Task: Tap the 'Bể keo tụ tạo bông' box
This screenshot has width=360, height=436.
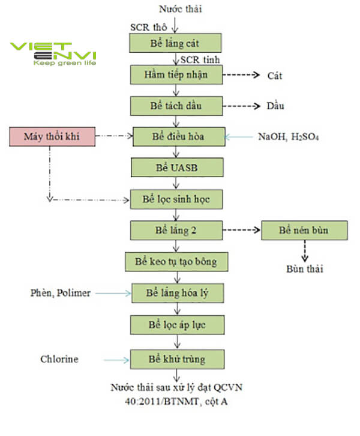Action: (x=176, y=262)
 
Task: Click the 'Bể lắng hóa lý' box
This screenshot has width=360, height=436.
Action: (x=176, y=293)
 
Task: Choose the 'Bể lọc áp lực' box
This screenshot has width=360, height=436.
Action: (x=176, y=325)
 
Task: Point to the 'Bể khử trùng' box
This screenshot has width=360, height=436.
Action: (x=176, y=359)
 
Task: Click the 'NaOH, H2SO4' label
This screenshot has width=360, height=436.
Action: (x=288, y=137)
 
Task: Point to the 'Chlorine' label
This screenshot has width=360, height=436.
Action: (x=59, y=359)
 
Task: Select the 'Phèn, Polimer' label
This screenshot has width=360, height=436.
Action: (x=61, y=293)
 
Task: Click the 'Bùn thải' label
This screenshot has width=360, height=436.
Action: (x=304, y=268)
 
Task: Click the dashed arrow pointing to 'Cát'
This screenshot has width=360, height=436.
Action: (x=240, y=76)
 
